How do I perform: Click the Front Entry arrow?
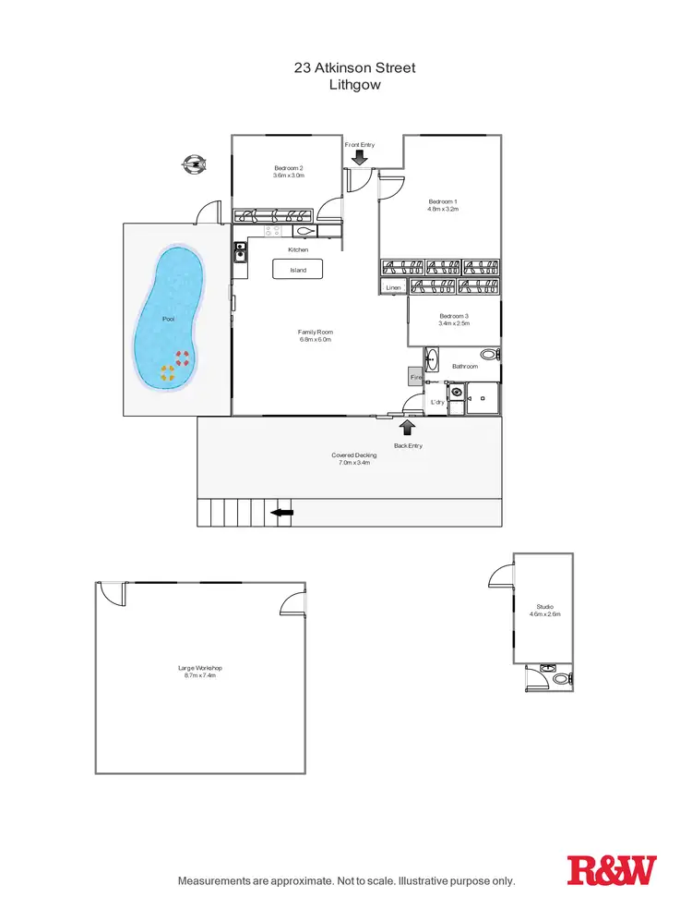coord(359,159)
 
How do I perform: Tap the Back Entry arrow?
coord(407,426)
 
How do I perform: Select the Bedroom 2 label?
coord(289,167)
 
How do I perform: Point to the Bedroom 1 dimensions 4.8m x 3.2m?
coord(443,210)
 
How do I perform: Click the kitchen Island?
coord(298,270)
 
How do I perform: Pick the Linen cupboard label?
coord(394,288)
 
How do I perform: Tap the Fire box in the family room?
coord(415,377)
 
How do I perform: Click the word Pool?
coord(168,319)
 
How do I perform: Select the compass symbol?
coord(195,165)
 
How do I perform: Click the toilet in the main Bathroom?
coord(489,354)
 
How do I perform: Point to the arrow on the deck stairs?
coord(281,513)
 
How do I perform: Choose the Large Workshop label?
coord(200,668)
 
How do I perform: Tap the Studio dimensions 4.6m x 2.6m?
coord(544,613)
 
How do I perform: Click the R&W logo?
coord(612,870)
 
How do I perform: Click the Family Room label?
coord(315,332)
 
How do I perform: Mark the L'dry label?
coord(437,402)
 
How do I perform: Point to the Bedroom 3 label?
coord(454,316)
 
